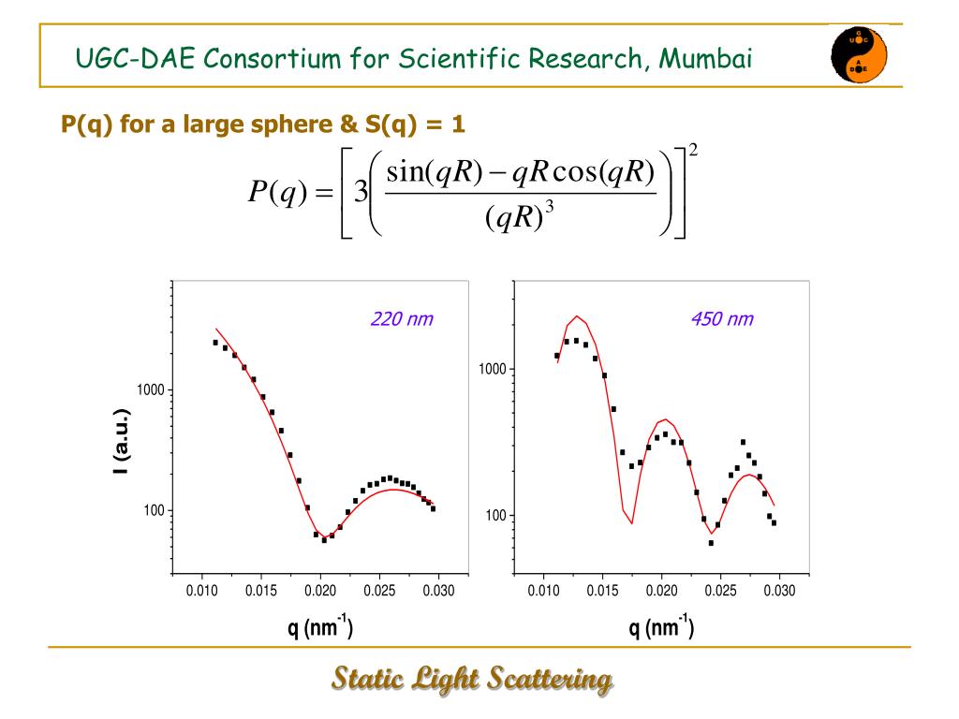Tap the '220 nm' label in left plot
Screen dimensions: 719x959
coord(402,320)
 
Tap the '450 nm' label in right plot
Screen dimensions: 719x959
coord(721,320)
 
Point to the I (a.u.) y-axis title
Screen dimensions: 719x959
coord(120,442)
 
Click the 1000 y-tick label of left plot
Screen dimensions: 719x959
coord(151,389)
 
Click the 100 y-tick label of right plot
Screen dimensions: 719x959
coord(495,516)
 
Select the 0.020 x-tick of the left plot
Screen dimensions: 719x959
coord(320,591)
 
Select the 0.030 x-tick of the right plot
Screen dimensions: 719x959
coord(779,591)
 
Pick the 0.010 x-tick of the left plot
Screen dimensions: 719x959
coord(201,591)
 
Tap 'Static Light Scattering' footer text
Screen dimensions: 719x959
coord(472,679)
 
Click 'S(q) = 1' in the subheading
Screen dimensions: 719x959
coord(419,123)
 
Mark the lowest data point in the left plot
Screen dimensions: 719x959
coord(324,540)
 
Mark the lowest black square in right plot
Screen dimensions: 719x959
coord(711,543)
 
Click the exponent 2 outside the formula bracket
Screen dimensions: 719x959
coord(693,150)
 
